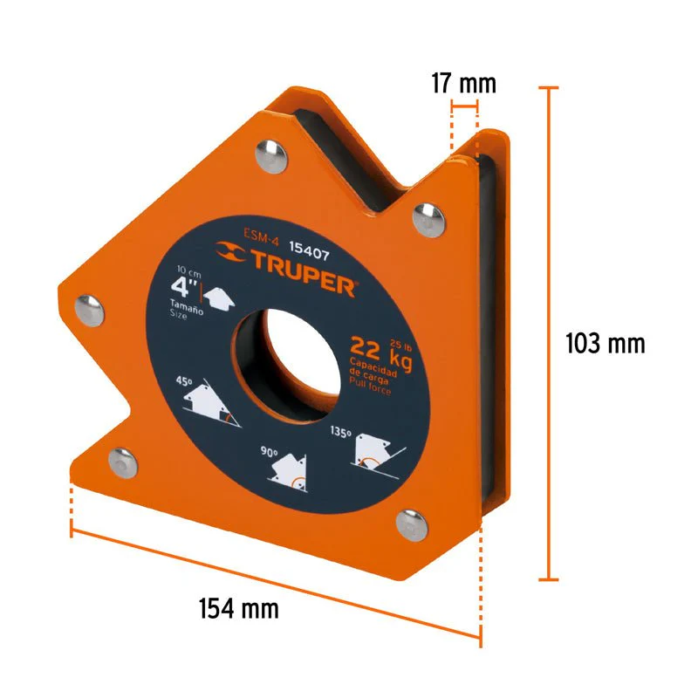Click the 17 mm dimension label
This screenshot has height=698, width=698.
tap(463, 84)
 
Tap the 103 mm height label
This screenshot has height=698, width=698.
tap(605, 344)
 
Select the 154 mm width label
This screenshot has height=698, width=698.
tap(238, 608)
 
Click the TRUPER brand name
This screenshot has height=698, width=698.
tap(304, 273)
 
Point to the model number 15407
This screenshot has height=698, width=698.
tap(310, 251)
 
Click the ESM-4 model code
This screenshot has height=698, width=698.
tap(261, 236)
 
